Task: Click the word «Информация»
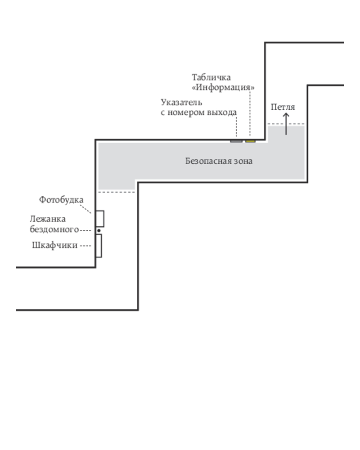(x=223, y=87)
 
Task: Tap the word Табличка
(x=211, y=77)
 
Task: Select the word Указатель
(x=181, y=102)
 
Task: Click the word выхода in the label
(x=222, y=112)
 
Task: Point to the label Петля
(x=283, y=107)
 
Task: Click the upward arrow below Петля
(x=286, y=124)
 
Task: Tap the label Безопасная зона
(x=219, y=161)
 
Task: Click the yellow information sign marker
(x=250, y=141)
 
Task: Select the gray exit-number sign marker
(x=236, y=141)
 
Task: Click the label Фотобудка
(x=61, y=200)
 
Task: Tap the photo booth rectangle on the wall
(x=99, y=219)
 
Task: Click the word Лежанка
(x=48, y=219)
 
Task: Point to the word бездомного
(x=54, y=229)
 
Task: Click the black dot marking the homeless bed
(x=99, y=230)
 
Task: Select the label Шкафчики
(x=55, y=245)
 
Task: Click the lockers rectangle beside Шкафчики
(x=99, y=246)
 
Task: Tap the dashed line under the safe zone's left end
(x=117, y=192)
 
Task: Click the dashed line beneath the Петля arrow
(x=286, y=124)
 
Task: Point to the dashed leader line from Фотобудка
(x=86, y=209)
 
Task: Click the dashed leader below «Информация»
(x=250, y=114)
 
